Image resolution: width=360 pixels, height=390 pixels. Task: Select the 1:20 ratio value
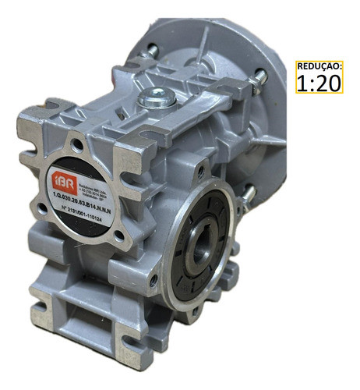click(x=319, y=82)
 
